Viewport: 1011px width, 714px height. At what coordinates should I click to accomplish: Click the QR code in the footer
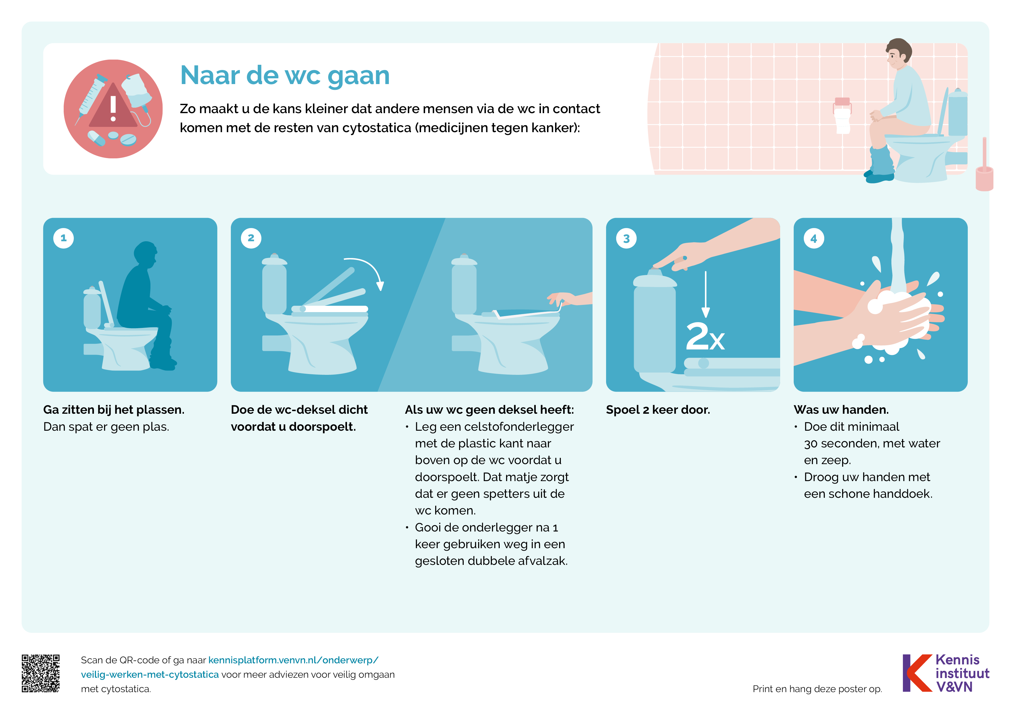click(41, 673)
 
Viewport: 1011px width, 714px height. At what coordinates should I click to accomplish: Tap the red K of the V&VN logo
click(918, 673)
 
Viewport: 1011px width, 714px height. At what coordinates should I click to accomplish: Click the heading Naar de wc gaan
click(285, 76)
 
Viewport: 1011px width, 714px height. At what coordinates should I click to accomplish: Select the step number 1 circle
click(63, 238)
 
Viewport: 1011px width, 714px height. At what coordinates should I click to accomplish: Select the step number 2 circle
click(251, 238)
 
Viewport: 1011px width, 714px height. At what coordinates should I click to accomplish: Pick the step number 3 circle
click(626, 238)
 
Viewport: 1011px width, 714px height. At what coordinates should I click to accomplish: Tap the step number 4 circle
click(814, 238)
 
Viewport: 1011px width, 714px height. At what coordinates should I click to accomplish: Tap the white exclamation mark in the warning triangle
click(113, 108)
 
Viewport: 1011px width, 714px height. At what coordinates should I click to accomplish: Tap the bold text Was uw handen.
click(841, 410)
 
